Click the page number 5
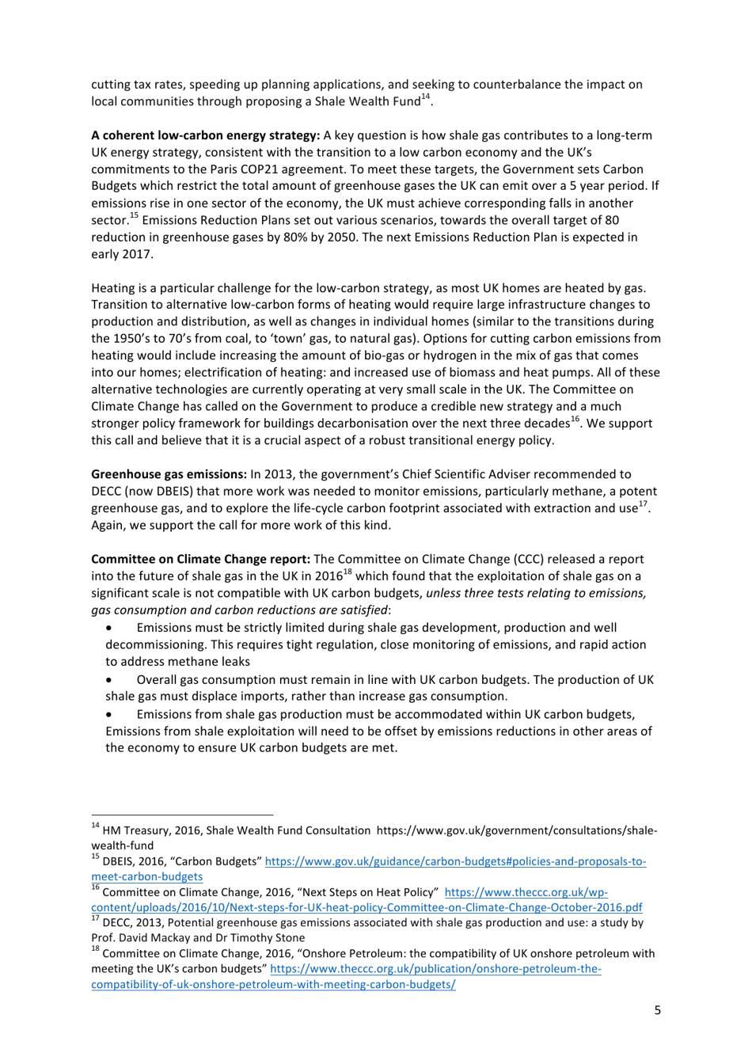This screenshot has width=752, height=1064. coord(657,1009)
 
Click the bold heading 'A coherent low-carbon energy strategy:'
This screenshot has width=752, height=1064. coord(205,135)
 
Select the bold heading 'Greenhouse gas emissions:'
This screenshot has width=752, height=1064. coord(169,474)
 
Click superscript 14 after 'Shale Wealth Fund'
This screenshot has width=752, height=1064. coord(425,97)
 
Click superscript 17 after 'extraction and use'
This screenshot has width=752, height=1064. coord(644,504)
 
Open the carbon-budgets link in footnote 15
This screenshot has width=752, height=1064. coord(455,861)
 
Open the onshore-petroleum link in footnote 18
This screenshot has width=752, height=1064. coord(435,969)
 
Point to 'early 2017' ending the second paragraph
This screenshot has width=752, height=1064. coord(121,254)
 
